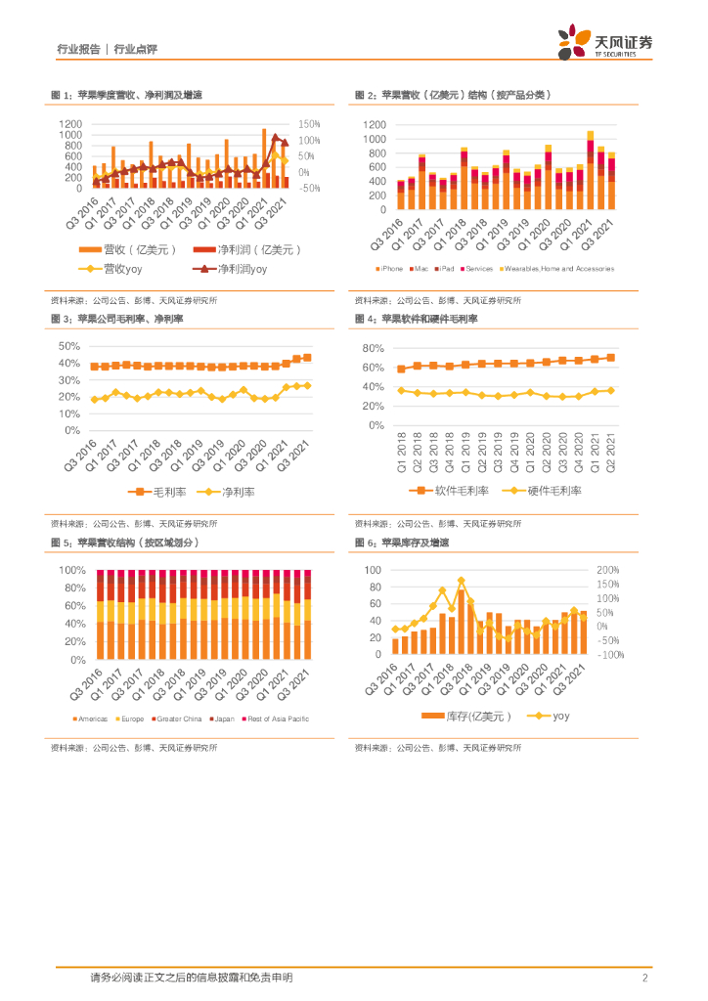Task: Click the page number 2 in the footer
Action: click(645, 977)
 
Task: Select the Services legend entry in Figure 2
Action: click(478, 268)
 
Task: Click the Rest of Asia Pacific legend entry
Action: click(280, 719)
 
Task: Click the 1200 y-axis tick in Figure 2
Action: click(375, 125)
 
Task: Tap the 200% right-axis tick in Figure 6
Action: click(608, 570)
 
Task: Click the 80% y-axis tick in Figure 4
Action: click(374, 348)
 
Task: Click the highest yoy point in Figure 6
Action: click(461, 580)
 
